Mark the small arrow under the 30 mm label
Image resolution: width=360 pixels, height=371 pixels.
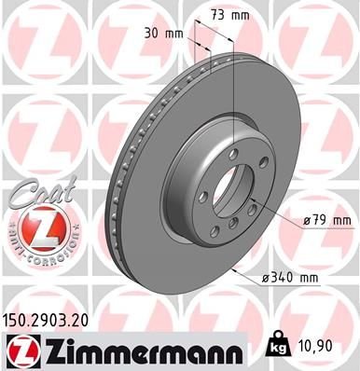click(197, 42)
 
